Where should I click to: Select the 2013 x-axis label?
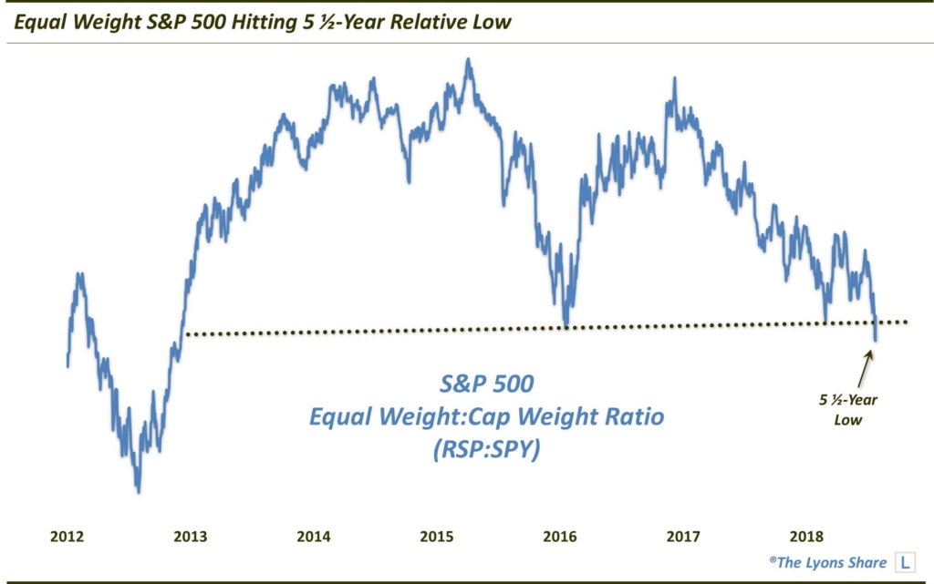pyautogui.click(x=190, y=537)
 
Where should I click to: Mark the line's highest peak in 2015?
pyautogui.click(x=469, y=60)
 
